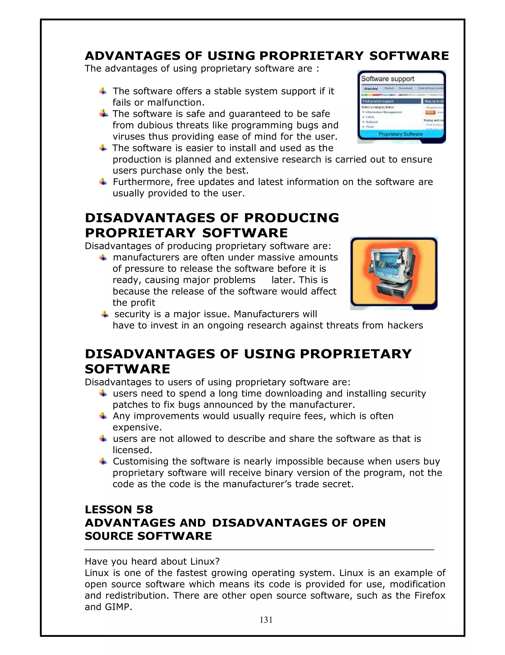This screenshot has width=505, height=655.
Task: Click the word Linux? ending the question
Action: (205, 561)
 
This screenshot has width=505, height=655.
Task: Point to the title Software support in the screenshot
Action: (387, 79)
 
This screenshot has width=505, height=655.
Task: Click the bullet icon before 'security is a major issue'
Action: (104, 314)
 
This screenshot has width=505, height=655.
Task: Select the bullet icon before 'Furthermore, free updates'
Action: (103, 182)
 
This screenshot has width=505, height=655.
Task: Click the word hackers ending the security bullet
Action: (405, 325)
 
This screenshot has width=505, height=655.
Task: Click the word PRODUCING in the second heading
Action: (291, 218)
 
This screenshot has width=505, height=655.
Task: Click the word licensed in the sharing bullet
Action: (131, 450)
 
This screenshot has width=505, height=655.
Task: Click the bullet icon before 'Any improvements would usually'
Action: (103, 416)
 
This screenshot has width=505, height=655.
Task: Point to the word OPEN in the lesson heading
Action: (369, 523)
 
